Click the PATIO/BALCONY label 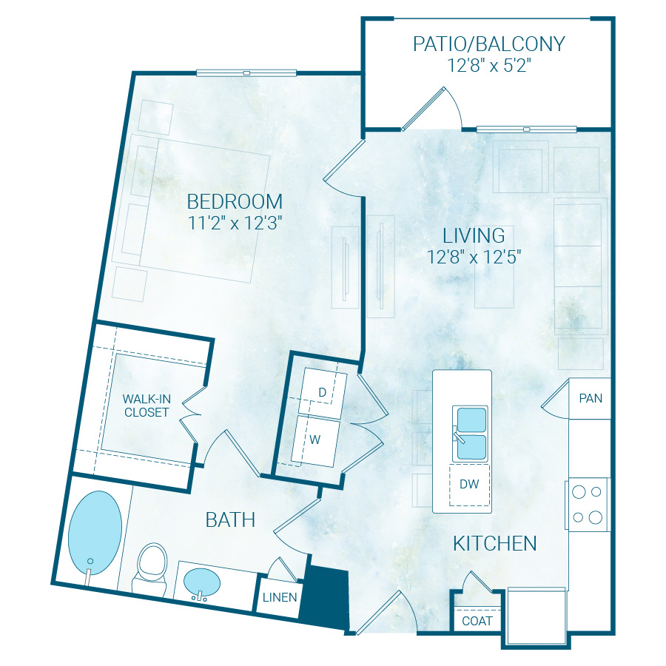[488, 44]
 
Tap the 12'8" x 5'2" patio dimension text [488, 65]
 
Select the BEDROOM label [235, 201]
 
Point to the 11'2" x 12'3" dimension [235, 223]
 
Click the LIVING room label [474, 236]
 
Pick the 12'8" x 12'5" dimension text [474, 258]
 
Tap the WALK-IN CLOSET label [147, 406]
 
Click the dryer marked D [322, 391]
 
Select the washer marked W [315, 440]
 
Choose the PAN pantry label [591, 398]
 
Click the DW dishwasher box [469, 484]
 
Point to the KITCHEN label [494, 544]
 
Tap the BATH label [230, 520]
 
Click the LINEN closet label [280, 597]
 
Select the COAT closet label [477, 621]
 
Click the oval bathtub [95, 529]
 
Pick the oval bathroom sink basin [201, 582]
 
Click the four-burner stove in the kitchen [588, 504]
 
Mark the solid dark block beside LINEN [325, 598]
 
